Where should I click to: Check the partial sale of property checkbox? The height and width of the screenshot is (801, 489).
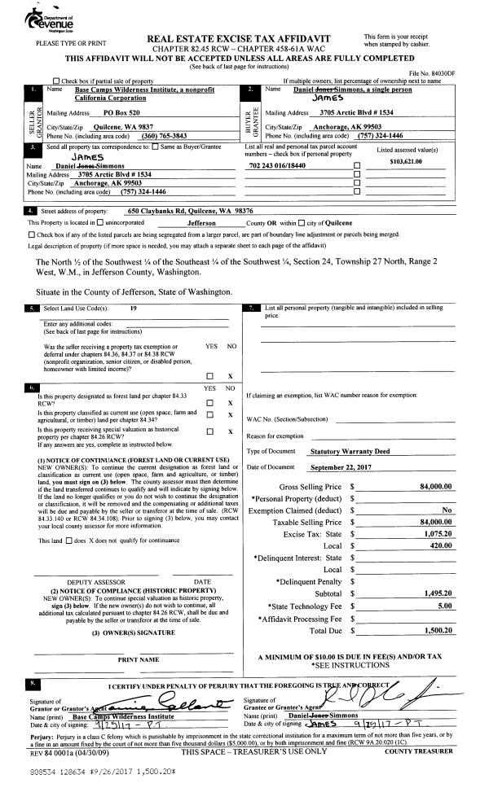(55, 81)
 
